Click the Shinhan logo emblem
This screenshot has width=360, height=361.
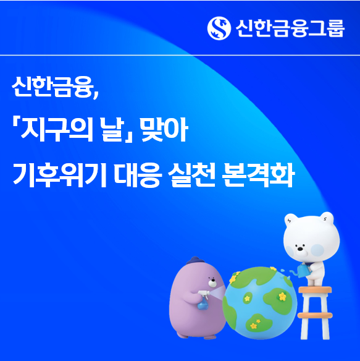[219, 27]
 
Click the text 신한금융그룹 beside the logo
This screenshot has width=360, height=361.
[289, 27]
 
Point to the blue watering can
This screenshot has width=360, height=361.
[303, 270]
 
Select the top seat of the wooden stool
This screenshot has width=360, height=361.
[314, 289]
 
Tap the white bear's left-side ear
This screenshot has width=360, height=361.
[291, 219]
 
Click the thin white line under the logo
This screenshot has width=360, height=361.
[180, 54]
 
